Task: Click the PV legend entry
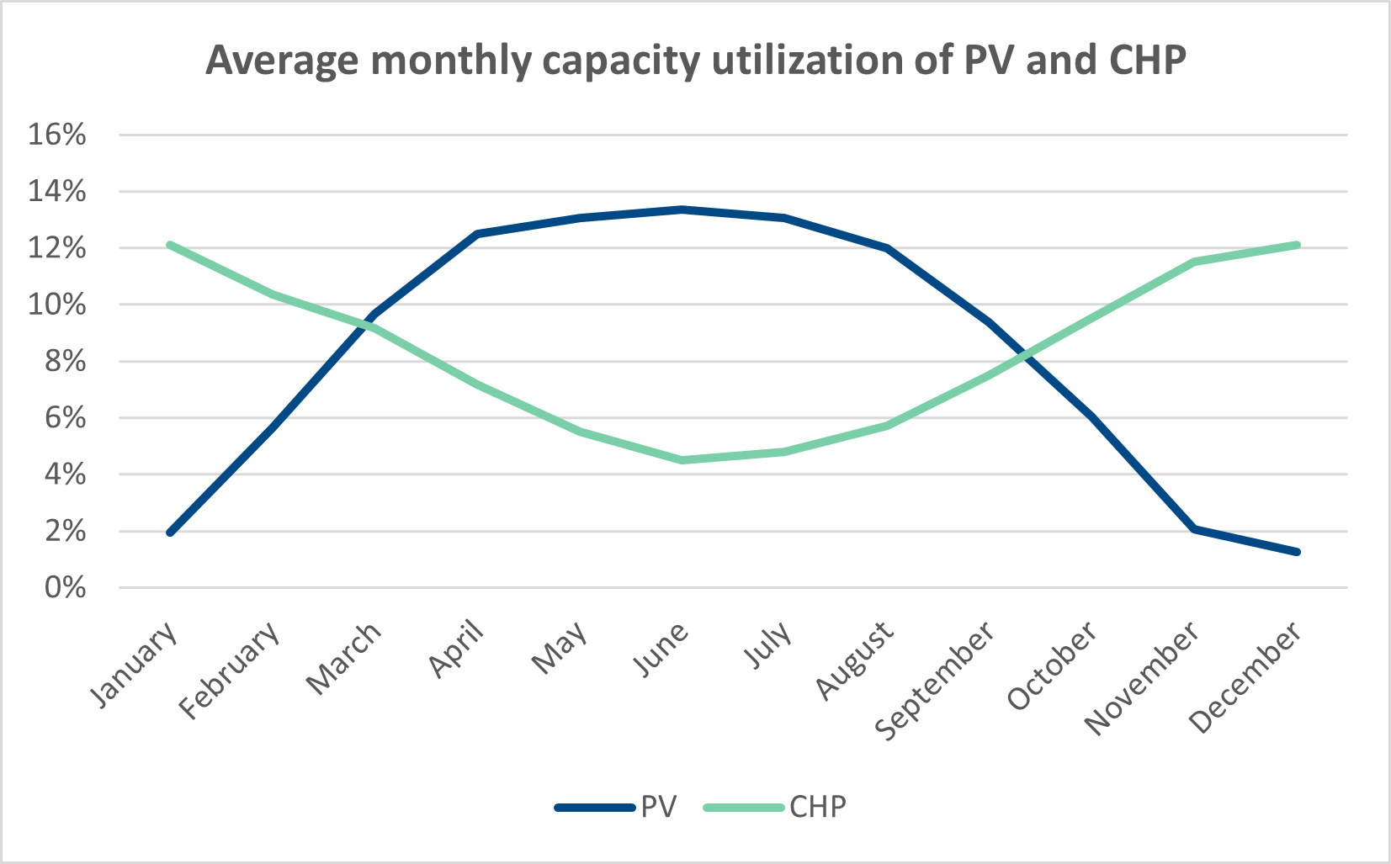(616, 807)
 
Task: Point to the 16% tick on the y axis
(56, 135)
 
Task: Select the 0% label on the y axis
(64, 587)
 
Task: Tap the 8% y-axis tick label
(64, 361)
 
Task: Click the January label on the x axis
(135, 664)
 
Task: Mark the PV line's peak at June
(682, 209)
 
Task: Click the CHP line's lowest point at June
(682, 460)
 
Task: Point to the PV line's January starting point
(170, 533)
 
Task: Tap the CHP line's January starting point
(170, 245)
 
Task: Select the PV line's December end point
(1297, 552)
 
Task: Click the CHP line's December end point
(1297, 245)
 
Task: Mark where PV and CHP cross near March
(367, 324)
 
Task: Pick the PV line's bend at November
(1194, 528)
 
